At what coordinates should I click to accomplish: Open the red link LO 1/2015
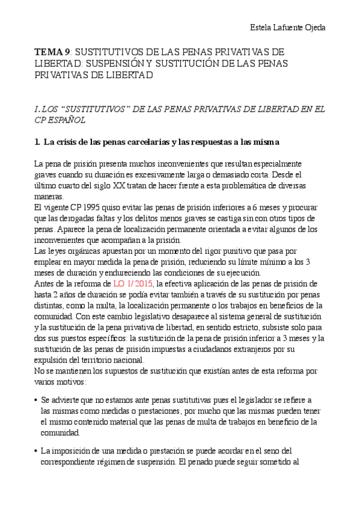click(133, 283)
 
